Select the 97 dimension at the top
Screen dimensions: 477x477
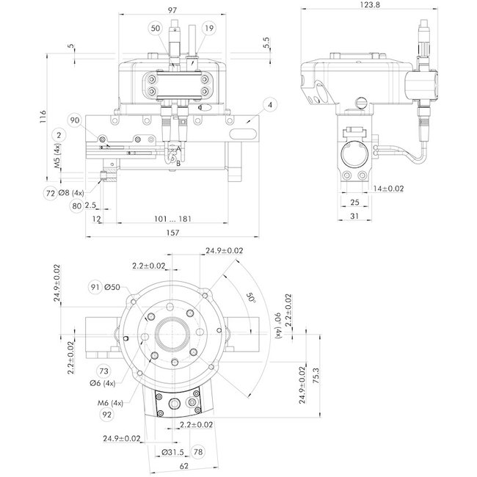coord(173,10)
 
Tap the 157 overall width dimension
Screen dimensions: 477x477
coord(172,232)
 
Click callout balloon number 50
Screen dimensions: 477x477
coord(154,28)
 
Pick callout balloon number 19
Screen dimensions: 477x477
coord(210,28)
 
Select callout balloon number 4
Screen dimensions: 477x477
coord(270,106)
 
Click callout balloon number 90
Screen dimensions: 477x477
coord(74,120)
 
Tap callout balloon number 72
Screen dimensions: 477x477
coord(51,193)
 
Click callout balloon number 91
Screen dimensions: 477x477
coord(95,286)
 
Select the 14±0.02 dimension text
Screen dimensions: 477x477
coord(390,189)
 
